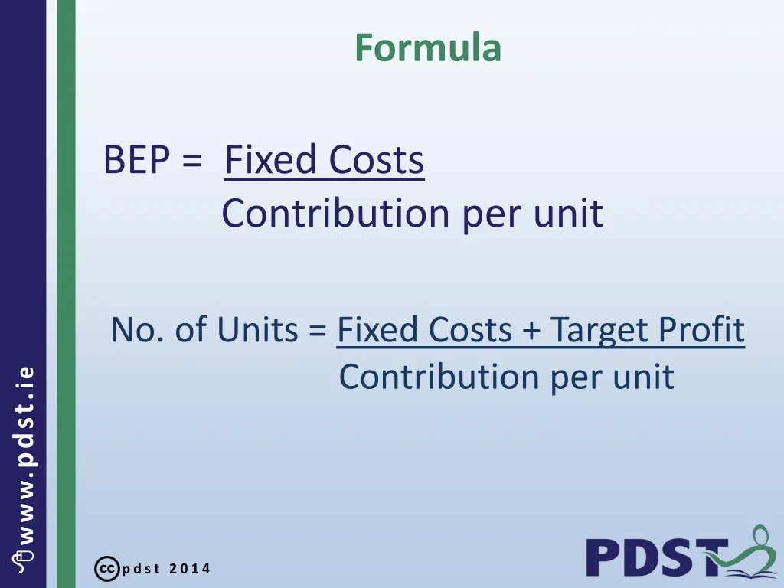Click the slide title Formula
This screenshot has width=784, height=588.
(427, 47)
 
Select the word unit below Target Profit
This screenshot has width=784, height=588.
(648, 377)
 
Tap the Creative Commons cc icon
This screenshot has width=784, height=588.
(106, 569)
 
